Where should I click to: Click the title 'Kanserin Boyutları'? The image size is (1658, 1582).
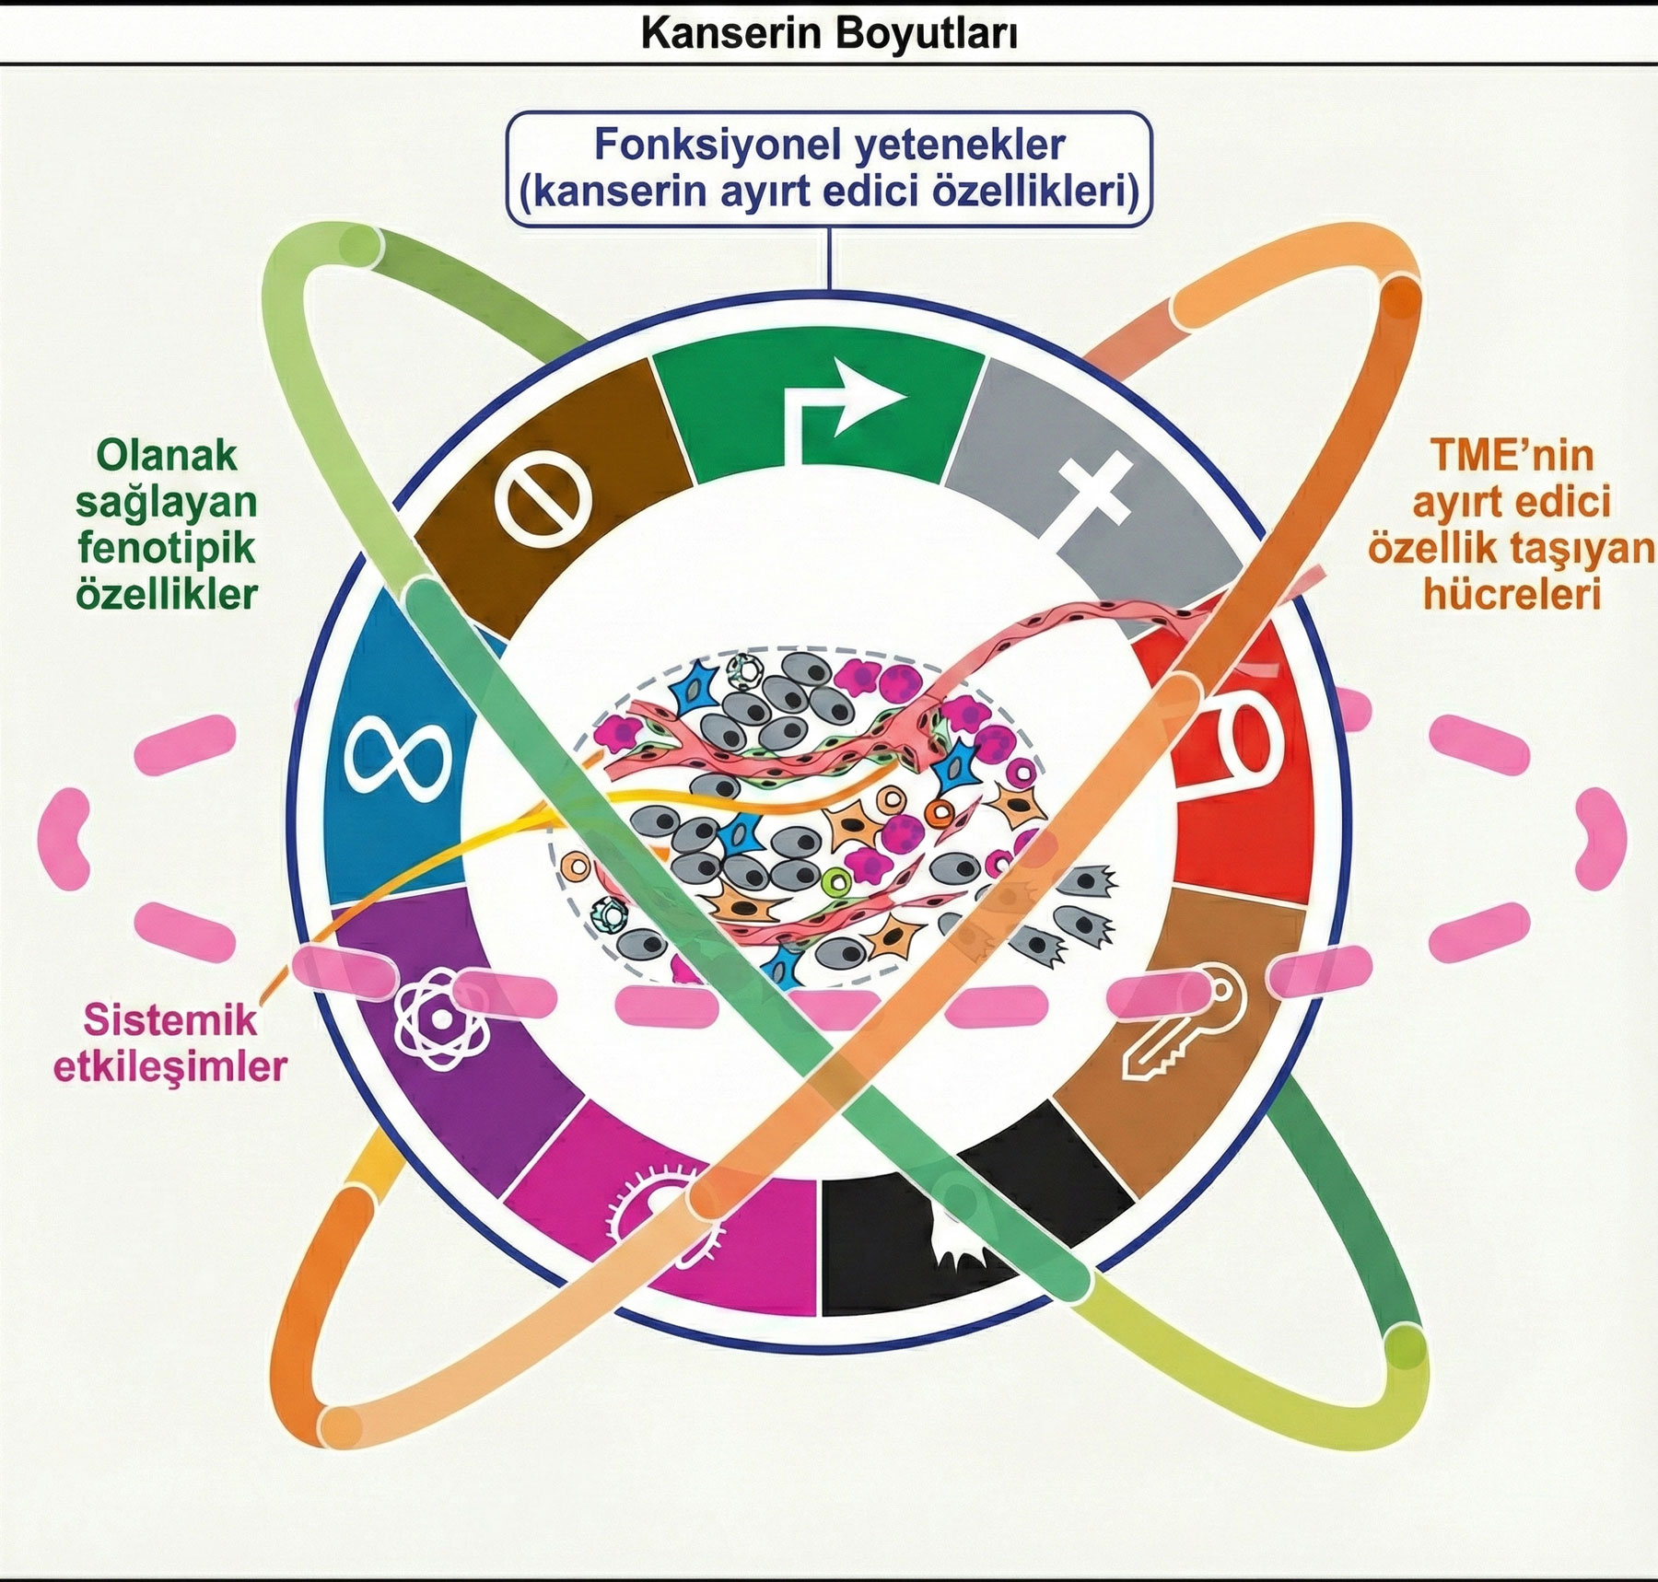[x=829, y=34]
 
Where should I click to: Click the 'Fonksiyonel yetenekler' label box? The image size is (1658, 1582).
[x=829, y=169]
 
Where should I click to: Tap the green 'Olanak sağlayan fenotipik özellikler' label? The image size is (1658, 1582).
[x=167, y=525]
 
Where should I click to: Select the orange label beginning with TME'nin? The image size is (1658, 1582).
[x=1511, y=525]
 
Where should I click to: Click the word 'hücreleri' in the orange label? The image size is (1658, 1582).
[x=1512, y=594]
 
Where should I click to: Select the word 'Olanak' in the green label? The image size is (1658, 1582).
[x=167, y=456]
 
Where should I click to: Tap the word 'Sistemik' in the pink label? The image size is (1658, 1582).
[x=170, y=1020]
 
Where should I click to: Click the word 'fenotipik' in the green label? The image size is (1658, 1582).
[x=167, y=548]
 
